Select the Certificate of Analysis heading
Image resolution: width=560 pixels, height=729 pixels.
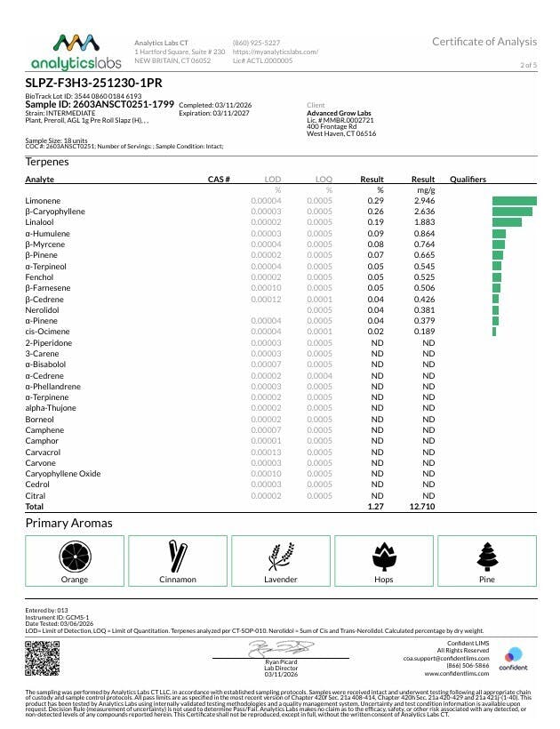point(484,42)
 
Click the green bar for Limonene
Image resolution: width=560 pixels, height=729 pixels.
point(515,202)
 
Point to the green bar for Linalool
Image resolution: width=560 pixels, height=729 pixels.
point(507,222)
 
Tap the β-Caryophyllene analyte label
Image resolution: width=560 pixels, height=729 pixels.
point(55,212)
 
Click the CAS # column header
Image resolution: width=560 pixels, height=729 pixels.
point(219,180)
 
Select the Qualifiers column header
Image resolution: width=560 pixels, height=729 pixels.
point(468,180)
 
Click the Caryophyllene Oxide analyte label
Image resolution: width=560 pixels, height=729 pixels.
point(63,474)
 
